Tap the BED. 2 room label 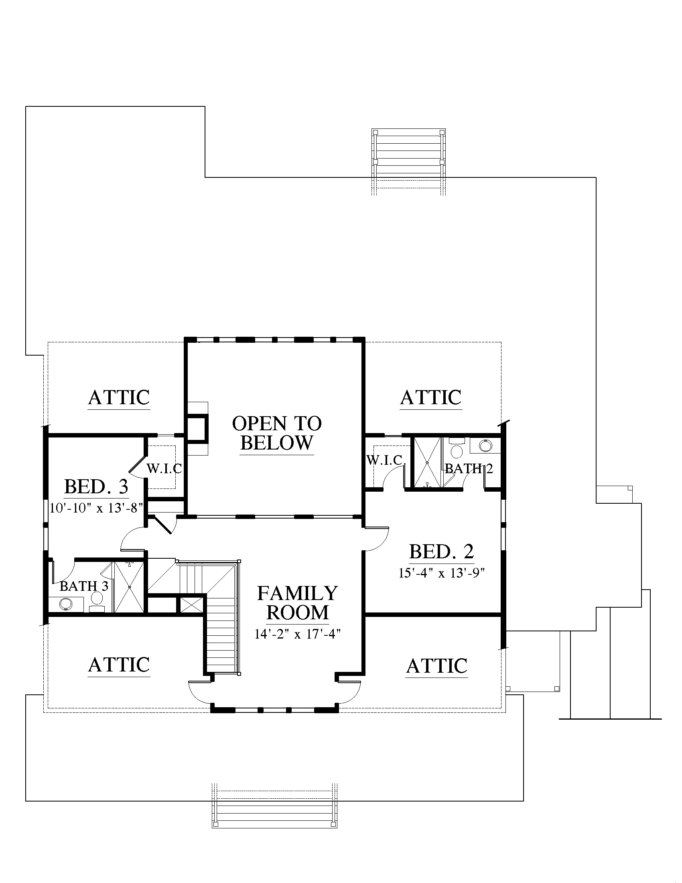coord(442,551)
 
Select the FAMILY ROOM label coord(297,603)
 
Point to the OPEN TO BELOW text coord(277,433)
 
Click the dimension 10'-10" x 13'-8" coord(96,508)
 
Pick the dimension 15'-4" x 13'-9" coord(442,573)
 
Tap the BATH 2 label coord(469,468)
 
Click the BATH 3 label coord(84,586)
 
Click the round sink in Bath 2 coord(485,446)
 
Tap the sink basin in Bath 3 coord(65,604)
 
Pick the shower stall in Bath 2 coord(427,462)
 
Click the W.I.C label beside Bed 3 coord(164,468)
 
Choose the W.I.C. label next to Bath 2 coord(386,460)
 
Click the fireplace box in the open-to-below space coord(198,429)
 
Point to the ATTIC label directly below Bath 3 coord(119,664)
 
